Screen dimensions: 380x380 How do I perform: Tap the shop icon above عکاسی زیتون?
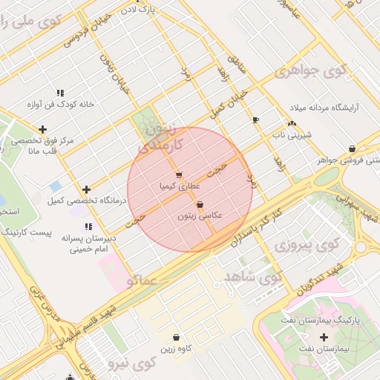[200, 205]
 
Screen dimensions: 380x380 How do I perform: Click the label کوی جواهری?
[311, 71]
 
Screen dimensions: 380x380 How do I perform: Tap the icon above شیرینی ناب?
[292, 124]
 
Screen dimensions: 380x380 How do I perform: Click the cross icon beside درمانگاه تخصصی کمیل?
[87, 190]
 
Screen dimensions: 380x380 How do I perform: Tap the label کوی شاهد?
[252, 278]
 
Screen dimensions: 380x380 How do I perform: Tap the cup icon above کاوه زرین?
[176, 337]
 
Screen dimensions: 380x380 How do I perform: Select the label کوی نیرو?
[130, 364]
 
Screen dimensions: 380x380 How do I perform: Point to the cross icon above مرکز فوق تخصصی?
[42, 129]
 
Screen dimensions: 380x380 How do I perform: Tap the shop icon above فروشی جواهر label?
[351, 148]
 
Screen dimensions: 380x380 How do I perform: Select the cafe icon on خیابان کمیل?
[256, 119]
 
